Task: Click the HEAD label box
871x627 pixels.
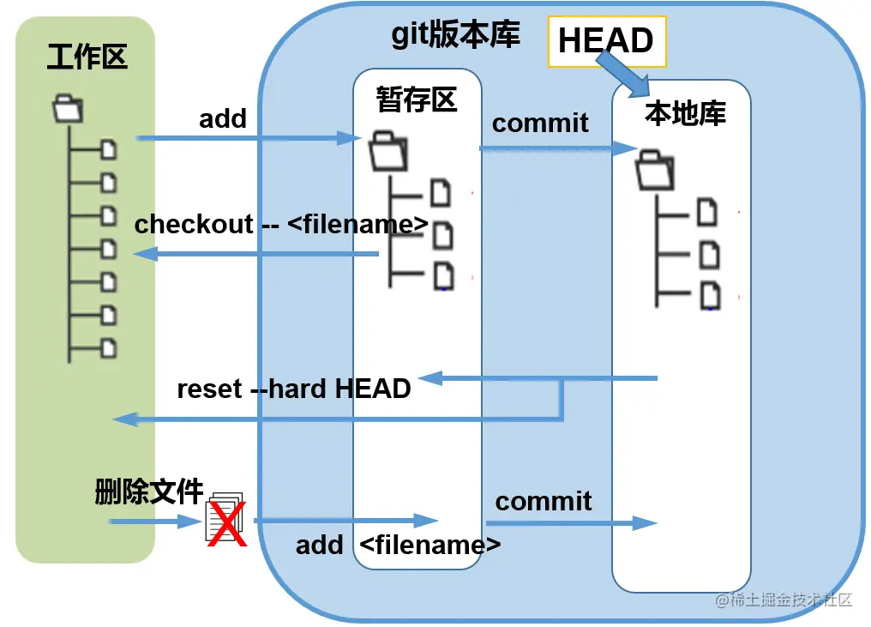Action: (x=606, y=40)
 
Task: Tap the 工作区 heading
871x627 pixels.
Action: (x=87, y=57)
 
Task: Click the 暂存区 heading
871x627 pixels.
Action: (x=417, y=100)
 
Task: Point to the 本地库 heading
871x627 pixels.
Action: (x=685, y=113)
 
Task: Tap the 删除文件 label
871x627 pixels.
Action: (x=149, y=493)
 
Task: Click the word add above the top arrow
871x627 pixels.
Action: (x=223, y=119)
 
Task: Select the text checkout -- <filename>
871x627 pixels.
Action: (x=281, y=225)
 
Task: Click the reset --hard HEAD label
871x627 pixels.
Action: (x=294, y=389)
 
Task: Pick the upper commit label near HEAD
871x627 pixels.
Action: (x=540, y=123)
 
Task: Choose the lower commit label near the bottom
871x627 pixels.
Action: (x=544, y=501)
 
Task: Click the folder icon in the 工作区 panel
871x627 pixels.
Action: (x=68, y=109)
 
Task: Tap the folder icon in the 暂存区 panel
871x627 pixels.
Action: (x=388, y=152)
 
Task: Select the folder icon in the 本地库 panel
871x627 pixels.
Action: (x=655, y=169)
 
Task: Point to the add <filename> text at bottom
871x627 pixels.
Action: (x=399, y=545)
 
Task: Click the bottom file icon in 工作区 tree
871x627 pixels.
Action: (x=109, y=348)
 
